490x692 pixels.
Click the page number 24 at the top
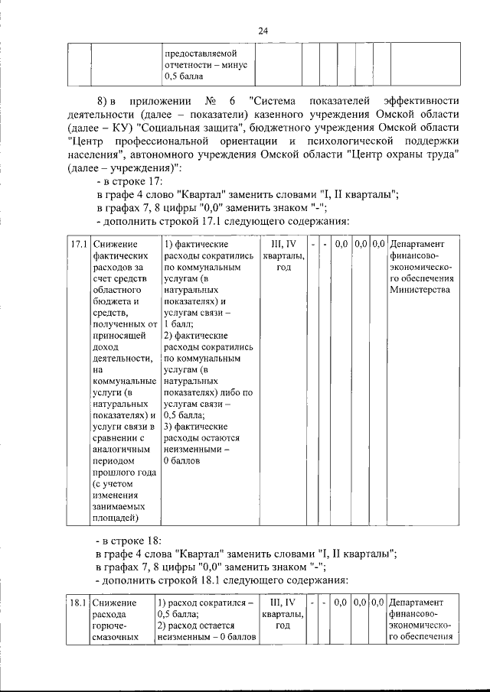pos(263,31)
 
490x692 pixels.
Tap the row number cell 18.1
pos(77,603)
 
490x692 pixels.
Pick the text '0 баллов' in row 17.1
pos(182,462)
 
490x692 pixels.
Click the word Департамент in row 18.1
pos(417,603)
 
